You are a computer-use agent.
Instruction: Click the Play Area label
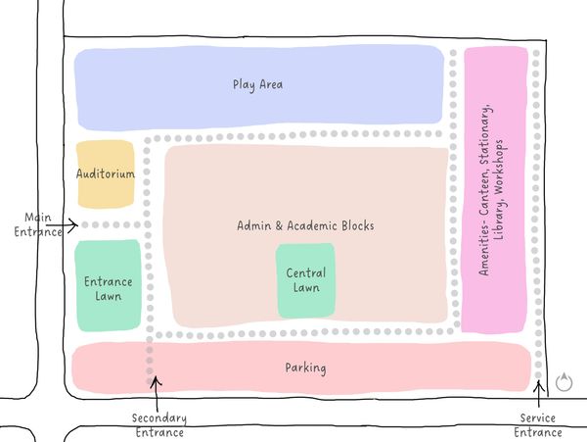point(257,84)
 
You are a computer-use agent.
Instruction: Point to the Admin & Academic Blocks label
point(305,225)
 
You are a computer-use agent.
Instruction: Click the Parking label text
point(305,368)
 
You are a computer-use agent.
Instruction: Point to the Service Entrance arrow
point(540,387)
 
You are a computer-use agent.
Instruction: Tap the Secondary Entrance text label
point(158,425)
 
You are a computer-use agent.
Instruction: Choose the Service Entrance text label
point(540,425)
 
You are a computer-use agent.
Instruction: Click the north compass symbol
point(563,382)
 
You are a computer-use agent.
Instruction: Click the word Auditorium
point(105,173)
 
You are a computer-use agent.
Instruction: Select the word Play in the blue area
point(244,84)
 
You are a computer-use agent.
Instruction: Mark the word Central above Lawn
point(305,273)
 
